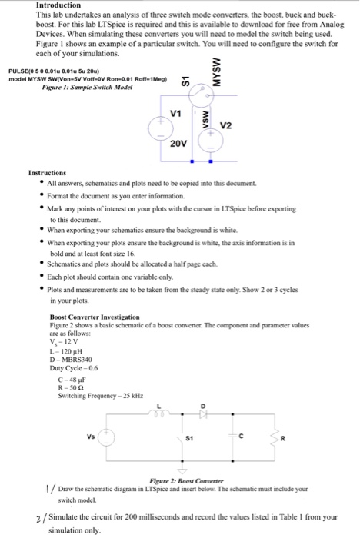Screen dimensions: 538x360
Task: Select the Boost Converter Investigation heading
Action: coord(95,316)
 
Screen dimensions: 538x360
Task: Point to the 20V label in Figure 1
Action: coord(178,144)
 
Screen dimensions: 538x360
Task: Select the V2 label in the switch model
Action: coord(225,125)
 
